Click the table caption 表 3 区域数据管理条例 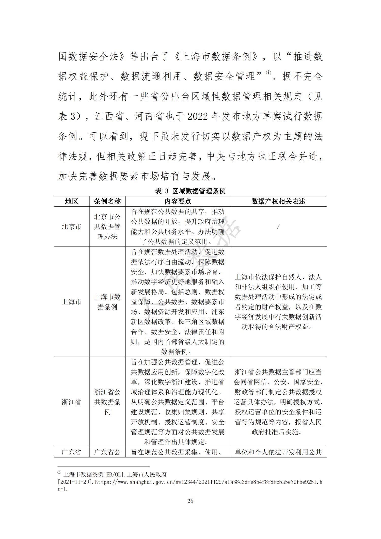190,191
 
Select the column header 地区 71,202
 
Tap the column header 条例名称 107,202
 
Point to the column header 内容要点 178,202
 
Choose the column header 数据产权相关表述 278,202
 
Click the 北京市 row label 71,226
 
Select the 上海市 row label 71,302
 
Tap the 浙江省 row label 71,402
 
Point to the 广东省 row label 71,452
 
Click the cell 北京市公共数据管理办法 107,226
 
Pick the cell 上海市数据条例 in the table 107,302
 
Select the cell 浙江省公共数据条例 107,402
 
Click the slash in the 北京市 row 278,226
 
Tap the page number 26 190,501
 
